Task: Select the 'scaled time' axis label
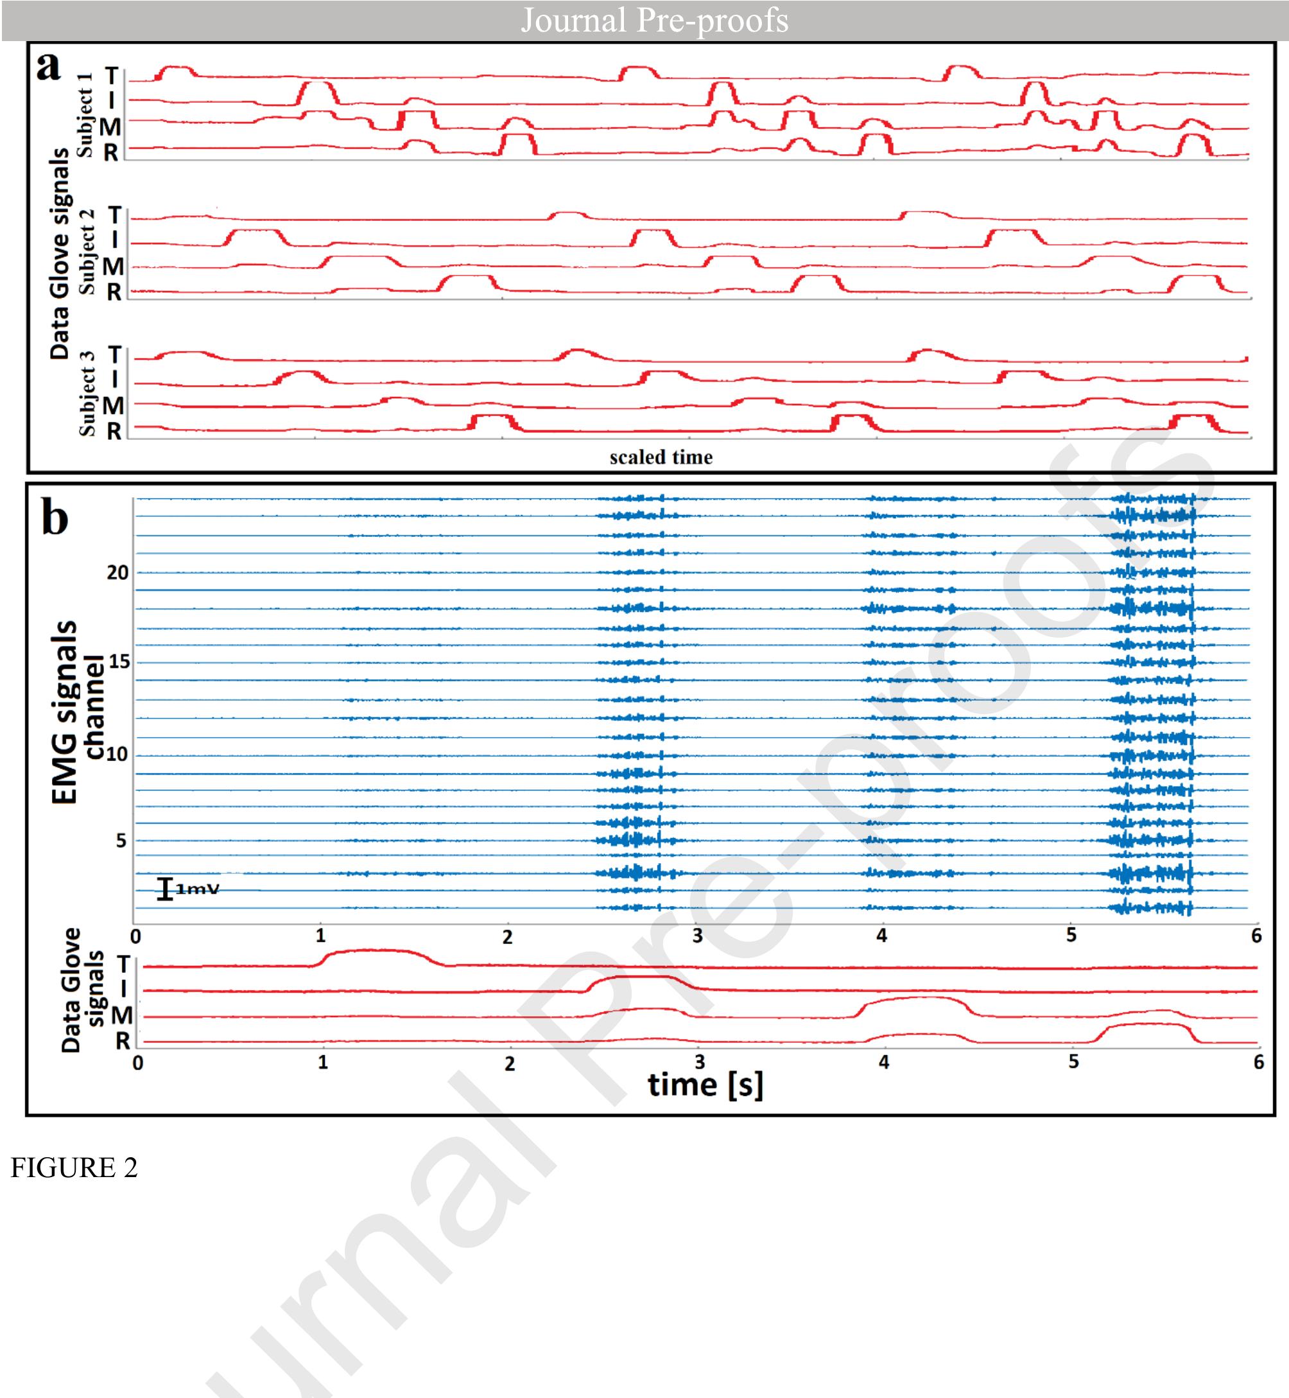pos(661,457)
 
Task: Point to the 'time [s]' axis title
pos(705,1085)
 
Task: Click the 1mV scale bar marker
pos(164,889)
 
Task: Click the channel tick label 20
pos(117,573)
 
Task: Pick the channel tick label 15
pos(119,661)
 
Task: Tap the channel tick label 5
pos(121,841)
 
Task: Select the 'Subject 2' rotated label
pos(87,252)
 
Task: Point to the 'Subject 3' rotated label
pos(87,394)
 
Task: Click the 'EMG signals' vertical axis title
pos(64,712)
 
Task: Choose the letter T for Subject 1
pos(112,75)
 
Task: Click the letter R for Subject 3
pos(114,432)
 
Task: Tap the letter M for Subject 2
pos(113,266)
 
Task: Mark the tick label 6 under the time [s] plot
pos(1258,1062)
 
